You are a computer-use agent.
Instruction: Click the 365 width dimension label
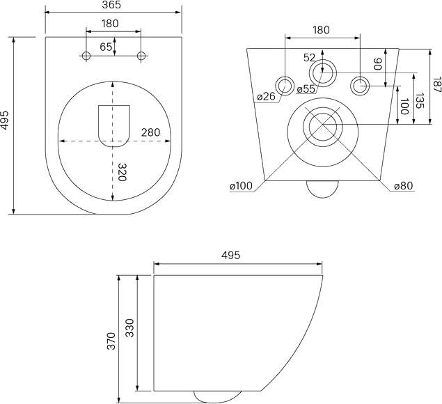point(111,5)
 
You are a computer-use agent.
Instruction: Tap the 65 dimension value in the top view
point(106,47)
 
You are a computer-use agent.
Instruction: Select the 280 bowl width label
point(150,132)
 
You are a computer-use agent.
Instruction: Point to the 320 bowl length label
point(123,172)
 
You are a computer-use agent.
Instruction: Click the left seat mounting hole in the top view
point(86,56)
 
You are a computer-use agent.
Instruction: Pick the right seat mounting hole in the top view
point(141,56)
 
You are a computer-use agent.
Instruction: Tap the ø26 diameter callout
point(266,97)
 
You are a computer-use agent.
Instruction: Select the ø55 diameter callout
point(306,89)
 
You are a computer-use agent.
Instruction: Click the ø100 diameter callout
point(242,186)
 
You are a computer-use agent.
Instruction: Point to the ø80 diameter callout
point(404,186)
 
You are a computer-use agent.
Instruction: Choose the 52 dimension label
point(309,58)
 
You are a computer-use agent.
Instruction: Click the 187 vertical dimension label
point(437,85)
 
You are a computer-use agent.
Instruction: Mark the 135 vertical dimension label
point(420,101)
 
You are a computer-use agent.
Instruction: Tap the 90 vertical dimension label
point(377,64)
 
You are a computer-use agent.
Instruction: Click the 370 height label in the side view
point(111,341)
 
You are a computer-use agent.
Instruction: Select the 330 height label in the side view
point(129,328)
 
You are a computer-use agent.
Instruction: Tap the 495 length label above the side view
point(230,255)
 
